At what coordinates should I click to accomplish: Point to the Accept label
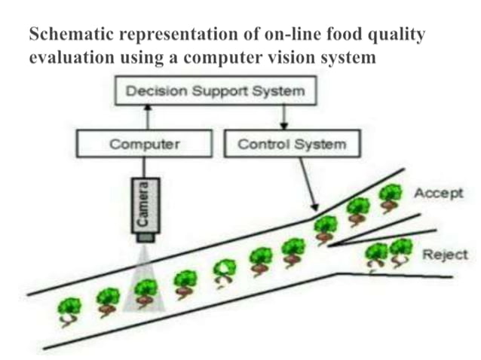point(438,193)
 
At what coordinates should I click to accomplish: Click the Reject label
point(444,255)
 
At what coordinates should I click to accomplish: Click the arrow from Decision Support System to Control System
point(283,117)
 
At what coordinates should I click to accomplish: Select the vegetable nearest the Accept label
point(391,194)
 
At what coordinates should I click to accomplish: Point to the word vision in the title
point(296,57)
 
